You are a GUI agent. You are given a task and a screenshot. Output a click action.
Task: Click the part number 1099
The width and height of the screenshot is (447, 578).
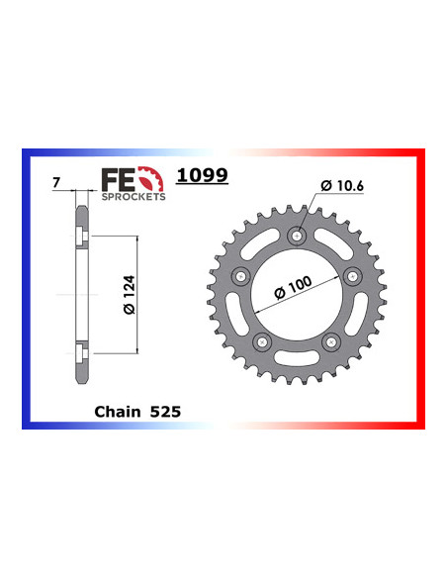click(x=202, y=175)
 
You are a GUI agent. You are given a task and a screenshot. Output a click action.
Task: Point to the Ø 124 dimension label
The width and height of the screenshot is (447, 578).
click(x=118, y=295)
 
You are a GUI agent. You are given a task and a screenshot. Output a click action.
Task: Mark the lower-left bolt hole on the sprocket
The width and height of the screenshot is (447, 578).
click(x=261, y=340)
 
